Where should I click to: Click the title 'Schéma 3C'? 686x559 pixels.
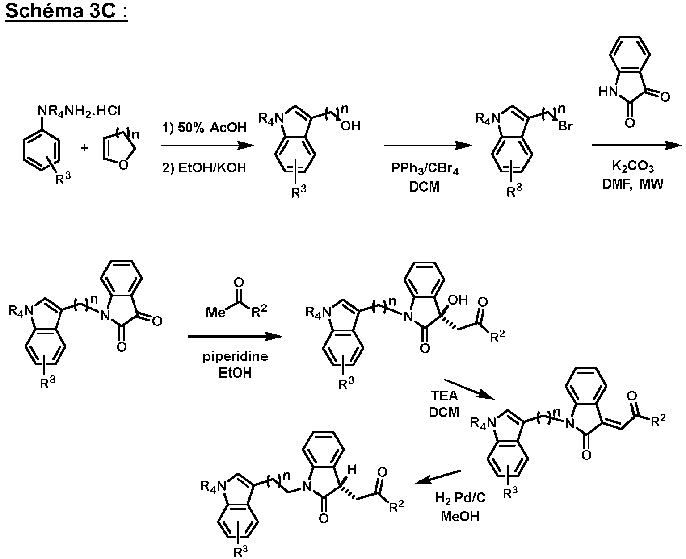click(x=61, y=11)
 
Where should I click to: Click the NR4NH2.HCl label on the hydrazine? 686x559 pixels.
click(x=80, y=111)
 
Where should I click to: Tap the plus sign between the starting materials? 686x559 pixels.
click(x=84, y=148)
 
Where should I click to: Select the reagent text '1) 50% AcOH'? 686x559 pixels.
click(x=204, y=127)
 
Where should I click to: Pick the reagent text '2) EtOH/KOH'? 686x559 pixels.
click(x=204, y=168)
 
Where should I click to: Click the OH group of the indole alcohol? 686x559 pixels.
click(x=350, y=126)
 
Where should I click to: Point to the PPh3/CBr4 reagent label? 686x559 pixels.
click(x=425, y=168)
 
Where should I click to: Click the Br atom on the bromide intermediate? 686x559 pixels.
click(x=566, y=126)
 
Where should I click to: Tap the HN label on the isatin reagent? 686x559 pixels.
click(x=608, y=92)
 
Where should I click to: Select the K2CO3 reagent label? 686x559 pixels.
click(x=633, y=167)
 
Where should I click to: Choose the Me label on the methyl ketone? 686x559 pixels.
click(x=215, y=313)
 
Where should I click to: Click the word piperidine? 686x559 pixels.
click(x=235, y=357)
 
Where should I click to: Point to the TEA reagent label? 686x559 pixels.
click(x=444, y=396)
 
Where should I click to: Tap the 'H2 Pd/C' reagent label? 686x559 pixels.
click(x=460, y=497)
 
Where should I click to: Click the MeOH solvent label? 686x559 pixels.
click(x=460, y=516)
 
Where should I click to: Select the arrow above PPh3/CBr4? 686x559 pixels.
click(x=428, y=146)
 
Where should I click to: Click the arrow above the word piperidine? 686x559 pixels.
click(x=235, y=336)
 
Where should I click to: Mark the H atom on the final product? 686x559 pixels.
click(x=352, y=469)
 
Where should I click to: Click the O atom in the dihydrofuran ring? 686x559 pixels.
click(x=124, y=165)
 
